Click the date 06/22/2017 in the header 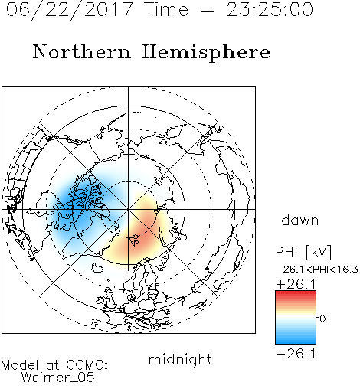70,10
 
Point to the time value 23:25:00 270,9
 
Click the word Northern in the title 82,51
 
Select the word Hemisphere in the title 206,53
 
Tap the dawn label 300,220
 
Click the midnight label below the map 180,360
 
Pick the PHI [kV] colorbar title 303,252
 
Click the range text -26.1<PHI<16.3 317,270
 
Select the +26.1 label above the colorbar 296,284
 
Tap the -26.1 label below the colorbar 296,354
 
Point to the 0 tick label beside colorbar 322,319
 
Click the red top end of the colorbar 296,293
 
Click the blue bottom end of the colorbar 296,341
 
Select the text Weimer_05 58,378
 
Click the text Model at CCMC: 54,365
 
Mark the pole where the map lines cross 129,209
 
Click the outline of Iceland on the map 97,268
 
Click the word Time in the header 166,9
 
